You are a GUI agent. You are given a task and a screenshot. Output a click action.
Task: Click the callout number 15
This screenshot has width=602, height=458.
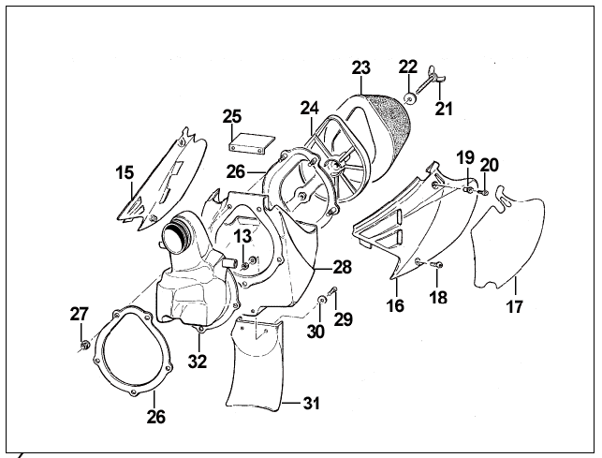coord(125,172)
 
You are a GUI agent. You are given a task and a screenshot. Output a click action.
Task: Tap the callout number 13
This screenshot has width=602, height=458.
coord(242,235)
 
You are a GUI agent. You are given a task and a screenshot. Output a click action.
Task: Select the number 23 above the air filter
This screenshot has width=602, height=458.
coord(361,67)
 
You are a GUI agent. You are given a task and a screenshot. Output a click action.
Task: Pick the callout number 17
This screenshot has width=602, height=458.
coord(516,305)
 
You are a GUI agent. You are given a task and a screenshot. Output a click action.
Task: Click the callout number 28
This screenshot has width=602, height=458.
coord(342,267)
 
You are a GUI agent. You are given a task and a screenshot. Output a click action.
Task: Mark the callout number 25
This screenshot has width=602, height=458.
coord(232,116)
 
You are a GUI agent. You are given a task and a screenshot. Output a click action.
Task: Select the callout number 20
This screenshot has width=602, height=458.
coord(489,166)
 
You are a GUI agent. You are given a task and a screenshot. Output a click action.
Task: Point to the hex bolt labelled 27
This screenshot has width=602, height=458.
coord(83,347)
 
